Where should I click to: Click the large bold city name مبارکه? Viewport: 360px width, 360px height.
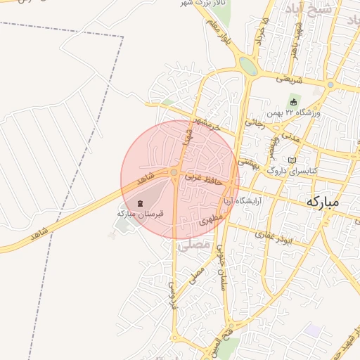(323, 202)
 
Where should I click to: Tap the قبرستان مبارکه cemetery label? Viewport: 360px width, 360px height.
(140, 212)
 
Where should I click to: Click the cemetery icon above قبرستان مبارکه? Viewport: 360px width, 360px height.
(140, 202)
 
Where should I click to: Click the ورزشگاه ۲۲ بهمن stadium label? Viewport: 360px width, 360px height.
(293, 112)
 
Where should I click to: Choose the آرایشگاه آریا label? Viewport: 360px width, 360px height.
(243, 201)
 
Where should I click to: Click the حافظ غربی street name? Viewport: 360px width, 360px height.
(204, 179)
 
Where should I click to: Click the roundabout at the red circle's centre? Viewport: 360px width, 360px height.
(174, 172)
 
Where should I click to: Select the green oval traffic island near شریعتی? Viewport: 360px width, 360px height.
(247, 66)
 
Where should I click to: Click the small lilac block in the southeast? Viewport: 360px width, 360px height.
(311, 329)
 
